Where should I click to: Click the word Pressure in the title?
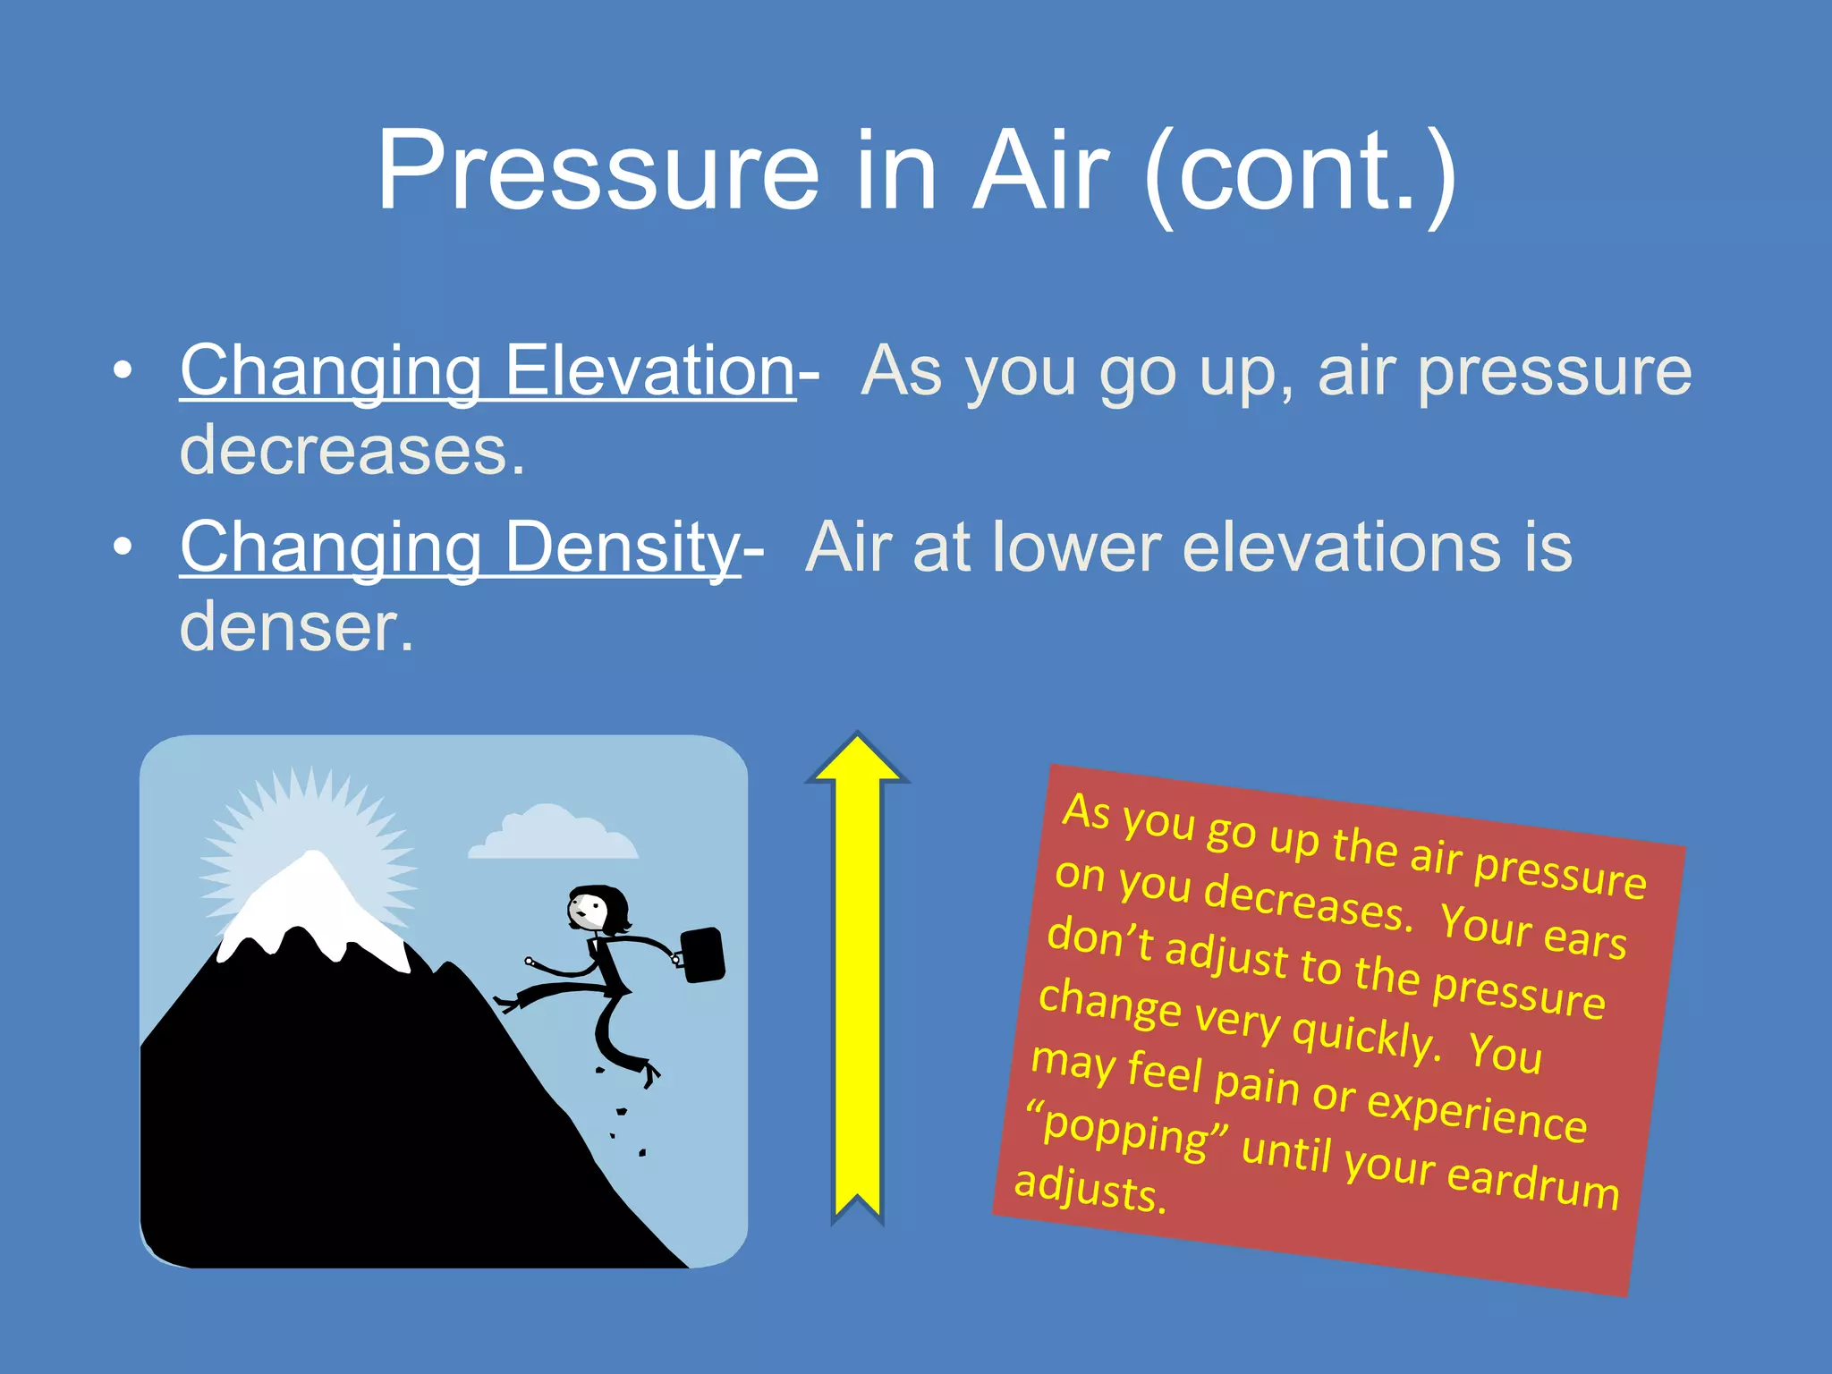pyautogui.click(x=598, y=172)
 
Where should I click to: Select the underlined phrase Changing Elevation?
pyautogui.click(x=488, y=371)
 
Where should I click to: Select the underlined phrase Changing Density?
pyautogui.click(x=460, y=547)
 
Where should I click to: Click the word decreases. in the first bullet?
pyautogui.click(x=352, y=450)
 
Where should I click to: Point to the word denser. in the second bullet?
pyautogui.click(x=297, y=626)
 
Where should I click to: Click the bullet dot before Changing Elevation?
pyautogui.click(x=123, y=369)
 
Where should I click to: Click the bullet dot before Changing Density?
pyautogui.click(x=123, y=546)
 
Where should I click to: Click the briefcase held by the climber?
pyautogui.click(x=703, y=954)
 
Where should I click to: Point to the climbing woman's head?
pyautogui.click(x=594, y=909)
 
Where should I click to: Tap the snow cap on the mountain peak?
pyautogui.click(x=313, y=903)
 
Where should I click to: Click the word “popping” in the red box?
pyautogui.click(x=1129, y=1132)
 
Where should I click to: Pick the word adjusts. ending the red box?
pyautogui.click(x=1090, y=1190)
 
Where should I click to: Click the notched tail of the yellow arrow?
pyautogui.click(x=857, y=1203)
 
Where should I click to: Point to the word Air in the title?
pyautogui.click(x=1041, y=172)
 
